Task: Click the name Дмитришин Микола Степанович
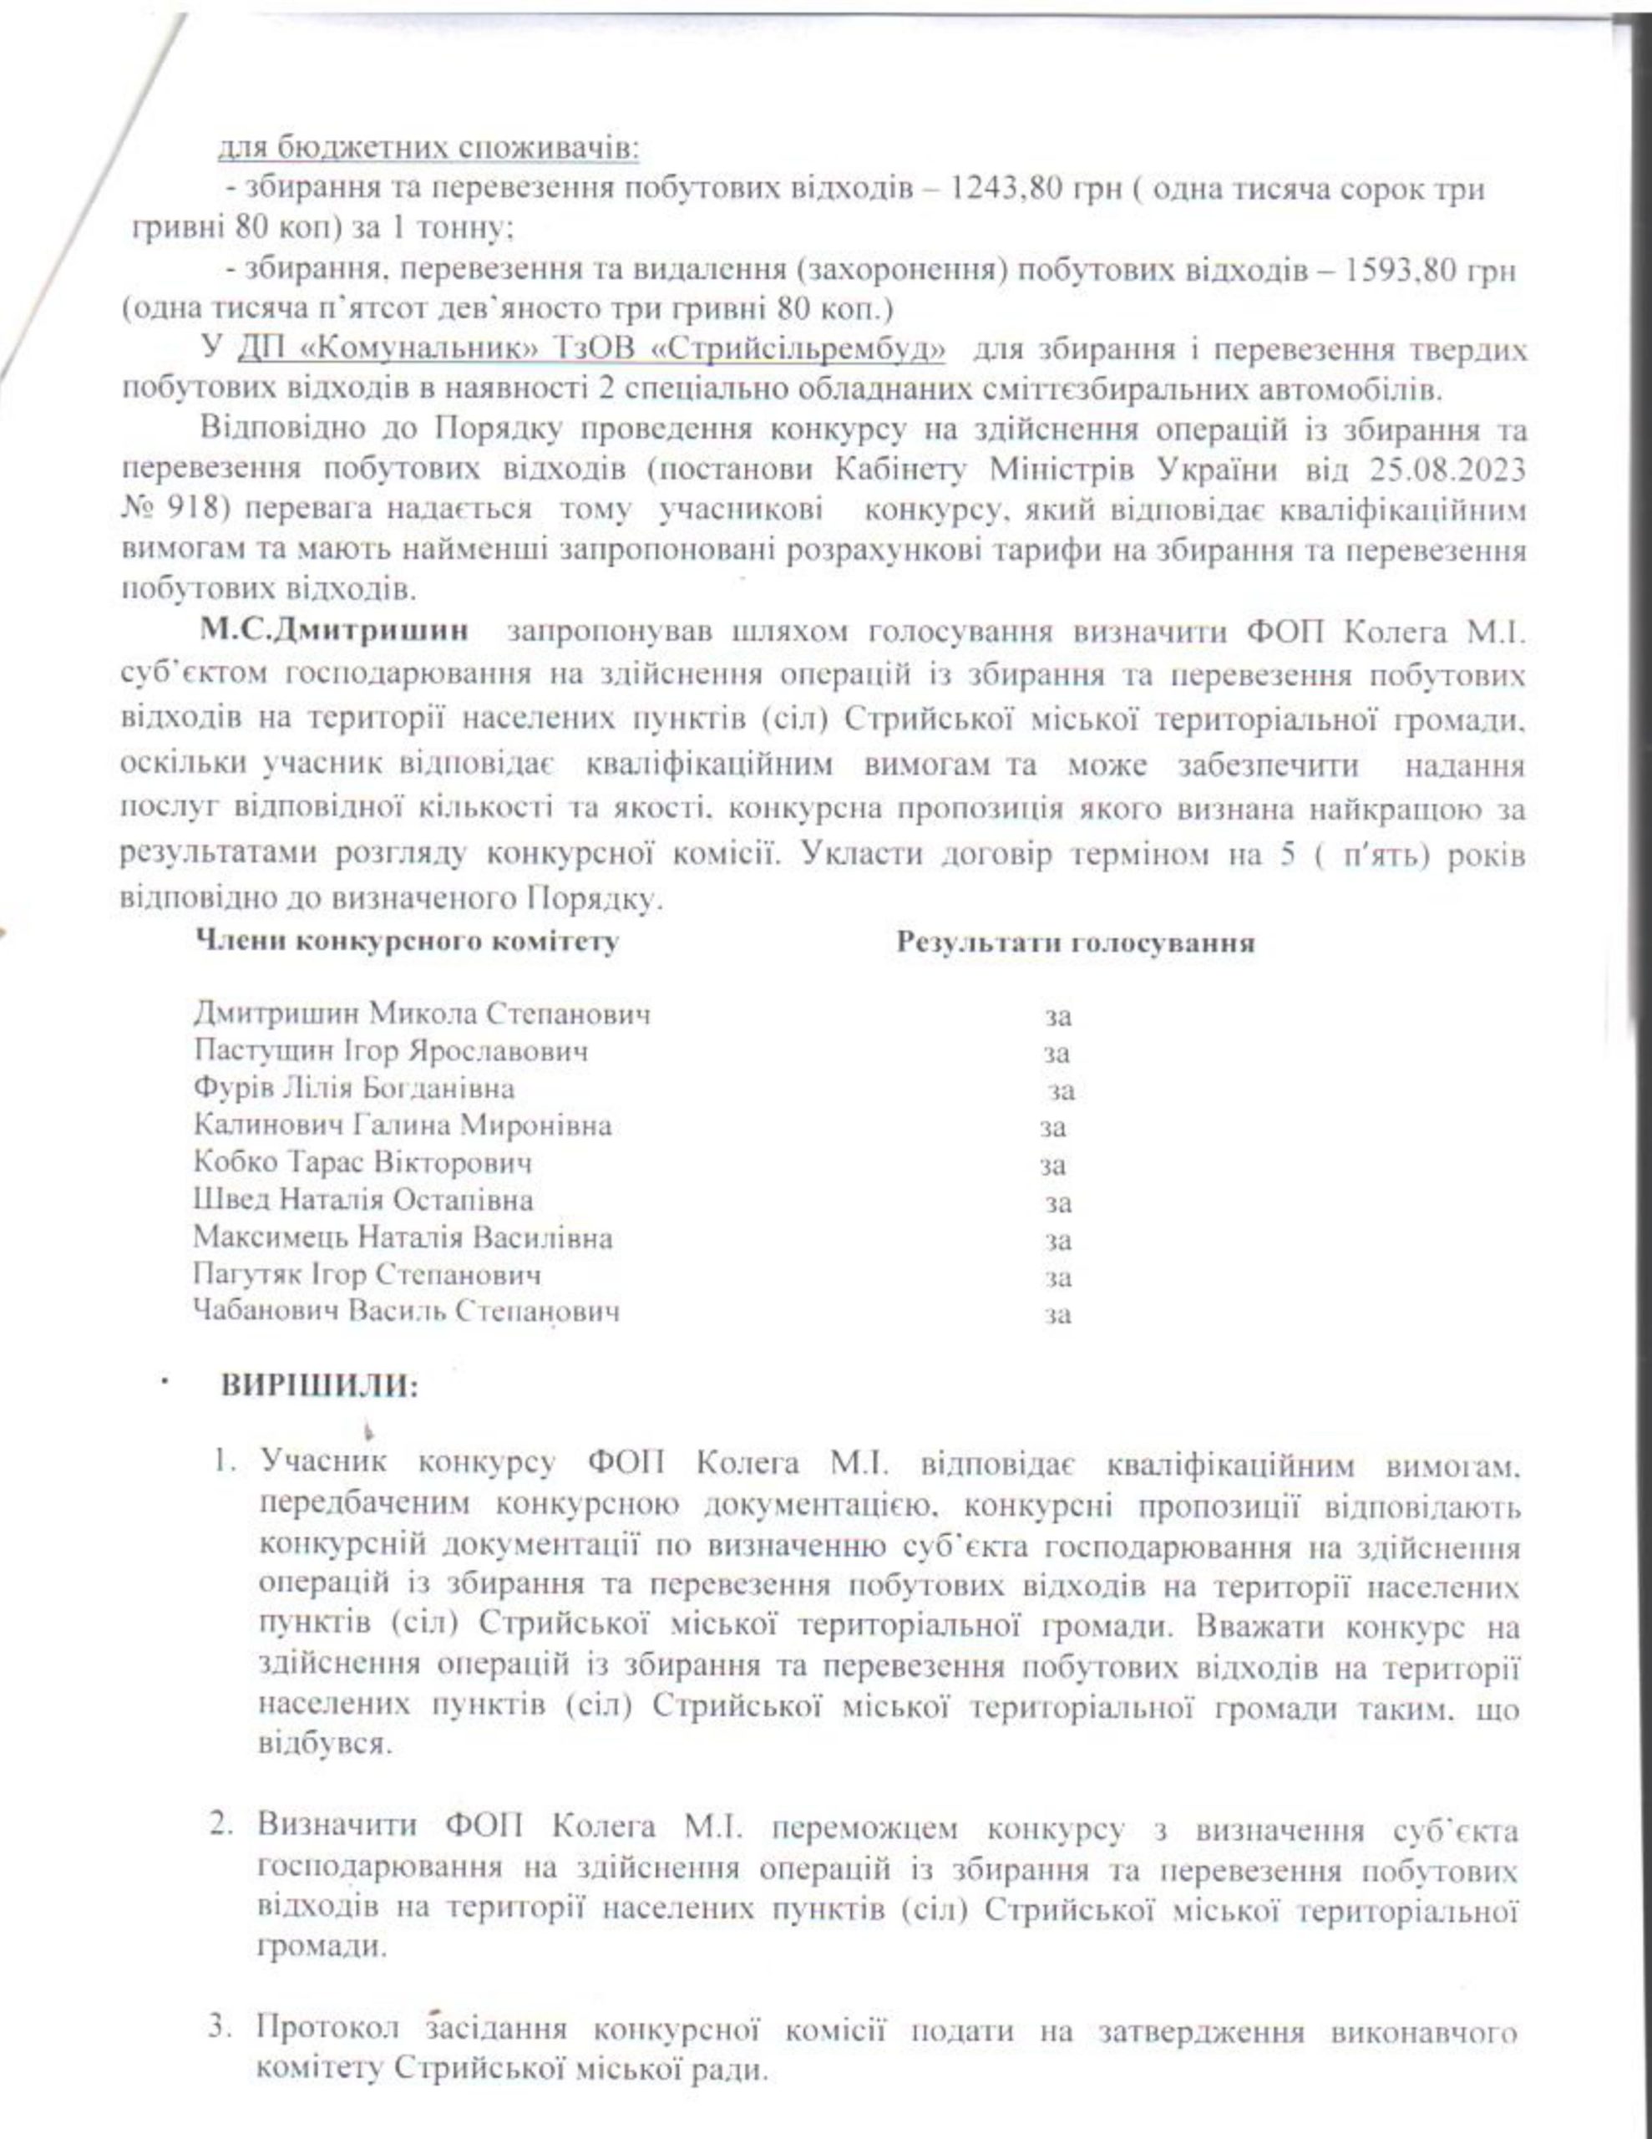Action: point(421,1014)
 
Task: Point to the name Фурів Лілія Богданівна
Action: point(353,1088)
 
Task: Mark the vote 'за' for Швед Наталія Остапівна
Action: point(1057,1204)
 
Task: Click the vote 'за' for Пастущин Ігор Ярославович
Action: point(1057,1054)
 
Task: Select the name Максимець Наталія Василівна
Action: point(403,1238)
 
